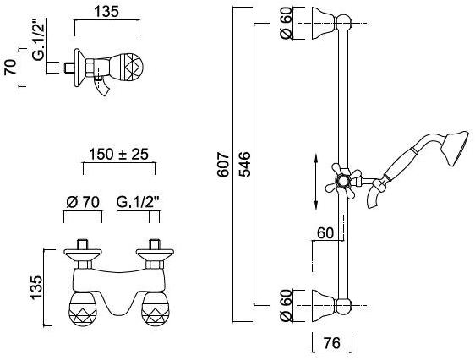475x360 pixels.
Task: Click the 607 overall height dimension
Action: [224, 165]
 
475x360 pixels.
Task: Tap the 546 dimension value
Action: [244, 165]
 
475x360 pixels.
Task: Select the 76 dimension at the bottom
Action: [331, 343]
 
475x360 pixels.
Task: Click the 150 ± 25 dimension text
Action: [118, 154]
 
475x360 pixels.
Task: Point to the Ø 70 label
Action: [83, 202]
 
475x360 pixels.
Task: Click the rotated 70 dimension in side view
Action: [11, 68]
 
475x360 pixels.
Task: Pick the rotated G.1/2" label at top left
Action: [39, 40]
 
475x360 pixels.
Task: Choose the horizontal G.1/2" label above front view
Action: [138, 202]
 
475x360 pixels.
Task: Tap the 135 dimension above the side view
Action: [106, 12]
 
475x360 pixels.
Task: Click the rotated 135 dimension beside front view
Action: [36, 287]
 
